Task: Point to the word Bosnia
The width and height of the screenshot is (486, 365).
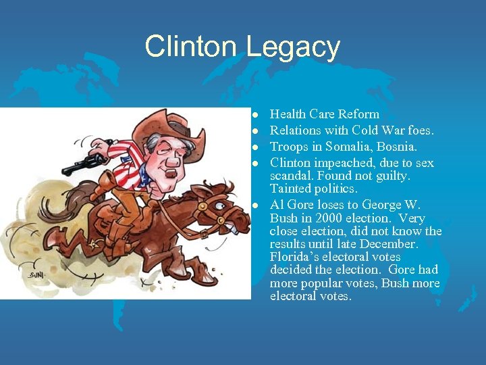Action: coord(398,147)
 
